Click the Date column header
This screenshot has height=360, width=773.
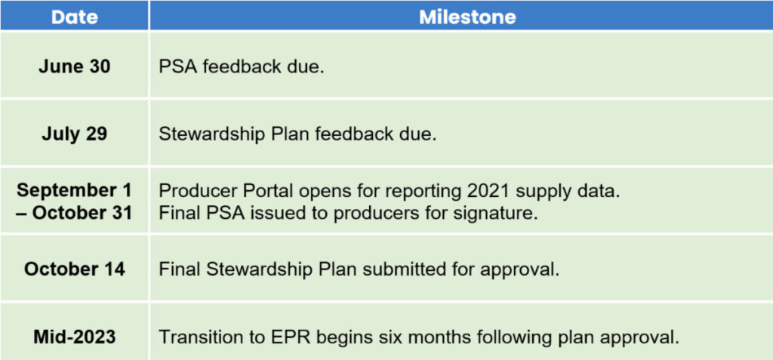pos(75,18)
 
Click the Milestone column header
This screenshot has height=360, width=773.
pos(467,18)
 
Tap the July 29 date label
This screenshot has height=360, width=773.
pos(75,134)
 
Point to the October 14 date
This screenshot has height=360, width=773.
pos(75,269)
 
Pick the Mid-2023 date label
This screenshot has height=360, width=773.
pos(75,337)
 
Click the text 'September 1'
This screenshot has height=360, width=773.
pos(75,190)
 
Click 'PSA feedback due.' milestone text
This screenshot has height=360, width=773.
pos(241,67)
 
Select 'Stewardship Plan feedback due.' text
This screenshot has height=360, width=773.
pos(297,134)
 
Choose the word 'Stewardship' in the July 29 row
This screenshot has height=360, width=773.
pos(210,134)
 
